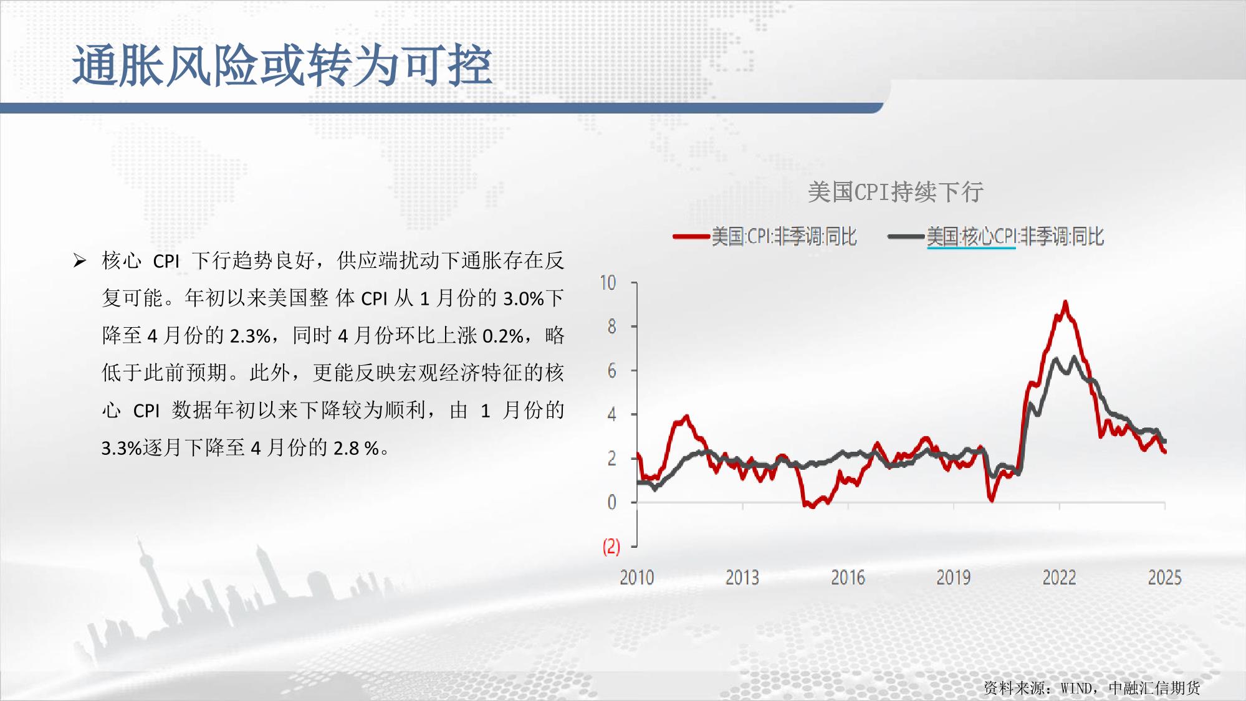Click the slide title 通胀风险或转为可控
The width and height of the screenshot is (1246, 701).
click(x=282, y=65)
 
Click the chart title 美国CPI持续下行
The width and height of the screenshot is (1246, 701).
click(x=895, y=192)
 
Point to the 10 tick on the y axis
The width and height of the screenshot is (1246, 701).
click(x=608, y=283)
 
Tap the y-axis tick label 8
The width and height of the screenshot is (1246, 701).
click(x=611, y=327)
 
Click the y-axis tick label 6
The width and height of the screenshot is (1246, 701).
click(x=611, y=371)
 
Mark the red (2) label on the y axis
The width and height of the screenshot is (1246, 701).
click(x=611, y=546)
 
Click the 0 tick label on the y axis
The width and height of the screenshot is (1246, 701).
click(x=611, y=502)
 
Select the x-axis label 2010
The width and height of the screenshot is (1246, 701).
click(x=637, y=578)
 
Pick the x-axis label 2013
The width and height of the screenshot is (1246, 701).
click(x=742, y=578)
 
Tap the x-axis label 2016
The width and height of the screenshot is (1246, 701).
click(x=848, y=578)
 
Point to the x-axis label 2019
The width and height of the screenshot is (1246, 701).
click(x=954, y=578)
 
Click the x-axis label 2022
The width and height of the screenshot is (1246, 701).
click(x=1060, y=578)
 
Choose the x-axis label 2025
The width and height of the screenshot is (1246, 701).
click(x=1165, y=578)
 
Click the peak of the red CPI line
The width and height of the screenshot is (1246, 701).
click(x=1065, y=302)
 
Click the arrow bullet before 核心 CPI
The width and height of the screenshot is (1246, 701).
click(x=80, y=260)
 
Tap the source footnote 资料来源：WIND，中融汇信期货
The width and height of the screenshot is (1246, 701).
click(x=1091, y=688)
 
